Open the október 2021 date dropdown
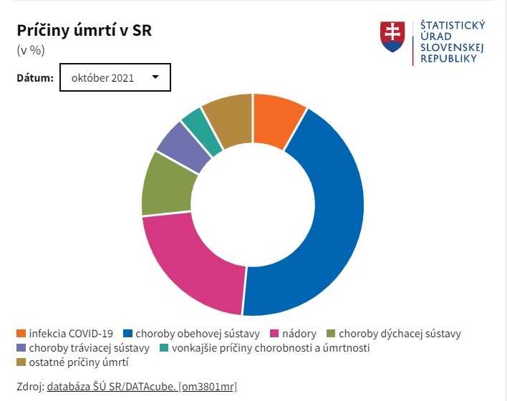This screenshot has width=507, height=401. [115, 77]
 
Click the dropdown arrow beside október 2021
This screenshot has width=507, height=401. [155, 77]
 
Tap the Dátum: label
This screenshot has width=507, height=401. [35, 77]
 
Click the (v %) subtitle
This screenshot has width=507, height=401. [30, 50]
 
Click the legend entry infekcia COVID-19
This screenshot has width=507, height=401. [71, 334]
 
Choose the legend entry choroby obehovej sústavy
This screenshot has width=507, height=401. [197, 334]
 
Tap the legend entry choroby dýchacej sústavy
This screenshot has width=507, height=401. [399, 334]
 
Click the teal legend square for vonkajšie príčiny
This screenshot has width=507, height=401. [163, 349]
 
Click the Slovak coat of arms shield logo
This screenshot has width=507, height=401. [392, 36]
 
